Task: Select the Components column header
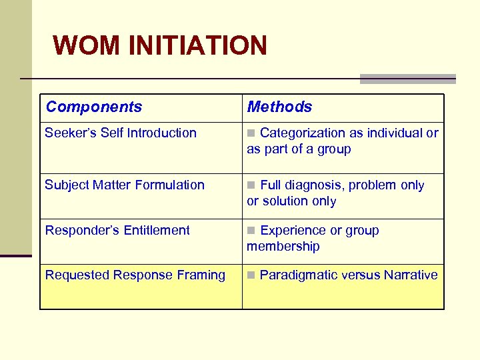coord(94,107)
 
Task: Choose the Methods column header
coord(279,107)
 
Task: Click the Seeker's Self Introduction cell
coord(121,133)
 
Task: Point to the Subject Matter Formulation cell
coord(125,185)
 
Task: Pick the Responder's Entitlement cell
coord(117,230)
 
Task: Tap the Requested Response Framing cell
coord(135,275)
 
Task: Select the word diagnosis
coord(314,185)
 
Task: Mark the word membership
coord(283,246)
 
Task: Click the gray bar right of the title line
coord(407,79)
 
